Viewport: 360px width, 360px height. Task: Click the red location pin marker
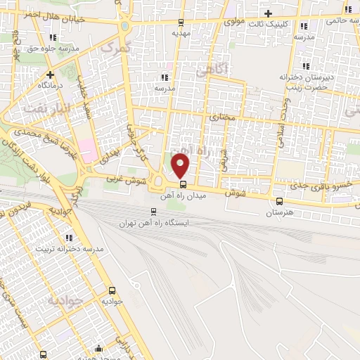pos(181,166)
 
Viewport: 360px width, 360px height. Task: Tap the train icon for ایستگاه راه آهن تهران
pos(154,211)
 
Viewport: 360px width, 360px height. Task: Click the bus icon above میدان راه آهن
pos(184,184)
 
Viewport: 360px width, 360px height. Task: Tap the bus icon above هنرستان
pos(280,201)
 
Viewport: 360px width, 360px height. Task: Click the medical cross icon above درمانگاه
pos(50,74)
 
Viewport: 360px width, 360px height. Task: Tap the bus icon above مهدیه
pos(181,22)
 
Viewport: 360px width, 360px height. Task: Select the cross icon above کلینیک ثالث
pos(267,13)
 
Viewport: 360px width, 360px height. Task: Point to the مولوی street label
pos(235,22)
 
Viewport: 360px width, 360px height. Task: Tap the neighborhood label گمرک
pos(117,48)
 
